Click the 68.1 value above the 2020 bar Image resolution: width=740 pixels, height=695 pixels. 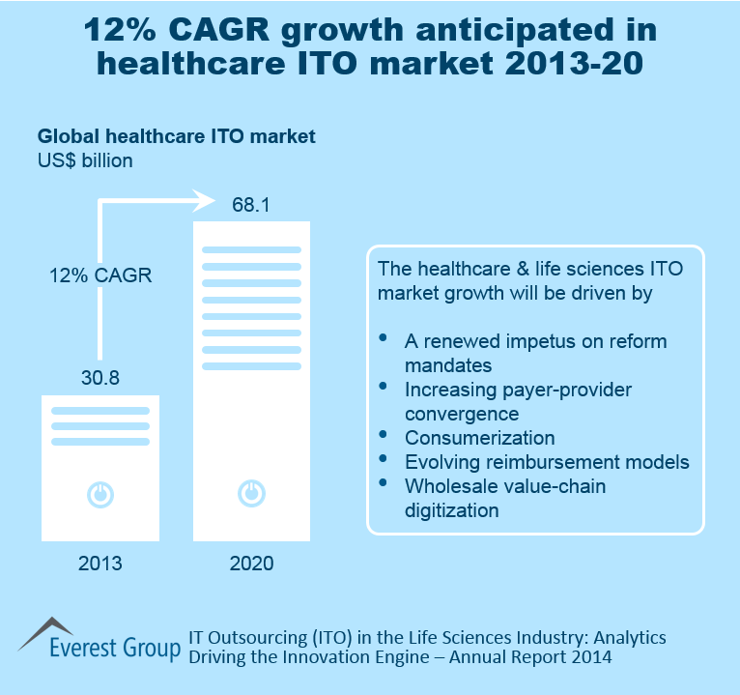(x=251, y=206)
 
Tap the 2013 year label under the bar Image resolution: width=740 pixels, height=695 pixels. (x=100, y=564)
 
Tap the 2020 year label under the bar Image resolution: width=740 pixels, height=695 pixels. (x=251, y=564)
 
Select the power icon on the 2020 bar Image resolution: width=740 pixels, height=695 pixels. (x=251, y=494)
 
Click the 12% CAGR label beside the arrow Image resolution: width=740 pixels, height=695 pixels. (x=100, y=275)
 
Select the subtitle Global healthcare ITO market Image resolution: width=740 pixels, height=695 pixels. (x=176, y=137)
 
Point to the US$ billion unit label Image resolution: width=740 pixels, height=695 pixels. (x=85, y=160)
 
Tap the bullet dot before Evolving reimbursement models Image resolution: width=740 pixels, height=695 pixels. (x=384, y=458)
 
